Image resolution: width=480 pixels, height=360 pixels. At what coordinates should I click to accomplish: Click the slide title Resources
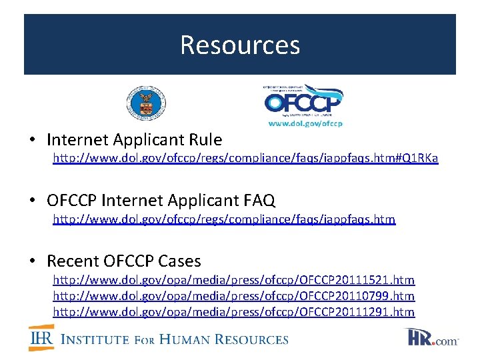point(240,45)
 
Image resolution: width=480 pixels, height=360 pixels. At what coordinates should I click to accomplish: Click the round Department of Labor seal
point(146,103)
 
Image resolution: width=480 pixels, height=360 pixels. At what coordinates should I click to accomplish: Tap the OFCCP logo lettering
point(303,103)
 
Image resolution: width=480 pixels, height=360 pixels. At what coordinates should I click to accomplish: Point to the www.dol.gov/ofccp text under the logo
point(305,123)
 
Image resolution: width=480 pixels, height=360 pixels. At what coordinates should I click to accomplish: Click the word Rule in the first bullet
point(205,140)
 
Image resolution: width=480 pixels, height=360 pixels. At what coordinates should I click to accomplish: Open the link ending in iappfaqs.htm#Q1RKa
point(245,159)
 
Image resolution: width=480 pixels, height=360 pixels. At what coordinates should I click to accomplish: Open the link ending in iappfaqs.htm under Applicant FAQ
point(224,219)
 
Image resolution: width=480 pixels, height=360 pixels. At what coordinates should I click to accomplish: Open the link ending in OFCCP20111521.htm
point(233,280)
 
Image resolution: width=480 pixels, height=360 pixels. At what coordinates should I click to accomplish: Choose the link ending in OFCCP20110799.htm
point(233,296)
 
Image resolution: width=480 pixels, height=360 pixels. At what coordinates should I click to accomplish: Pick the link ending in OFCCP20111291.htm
point(233,312)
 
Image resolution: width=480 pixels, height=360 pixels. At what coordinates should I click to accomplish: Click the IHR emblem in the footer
point(41,337)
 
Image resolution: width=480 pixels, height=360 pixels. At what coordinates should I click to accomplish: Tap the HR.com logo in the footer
point(433,337)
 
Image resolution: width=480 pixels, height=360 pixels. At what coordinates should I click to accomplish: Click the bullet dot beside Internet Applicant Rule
point(32,141)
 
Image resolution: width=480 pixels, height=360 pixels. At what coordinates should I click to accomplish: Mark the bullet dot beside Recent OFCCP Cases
point(32,261)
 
